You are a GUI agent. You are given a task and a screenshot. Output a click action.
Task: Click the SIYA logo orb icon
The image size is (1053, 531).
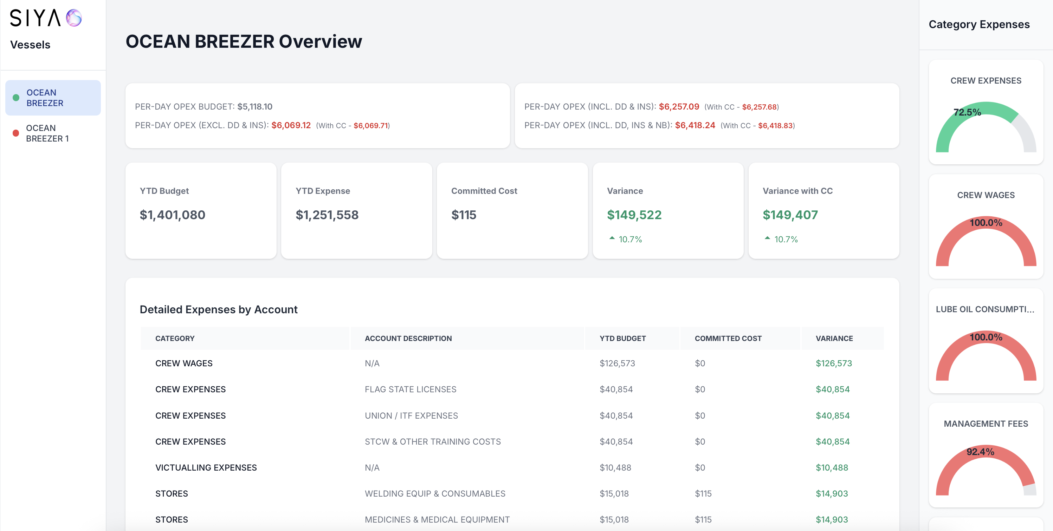coord(74,18)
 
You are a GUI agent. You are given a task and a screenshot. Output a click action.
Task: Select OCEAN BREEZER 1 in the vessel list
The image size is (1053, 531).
coord(47,133)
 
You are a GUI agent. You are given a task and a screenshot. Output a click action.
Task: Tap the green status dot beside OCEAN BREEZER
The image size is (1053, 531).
coord(16,98)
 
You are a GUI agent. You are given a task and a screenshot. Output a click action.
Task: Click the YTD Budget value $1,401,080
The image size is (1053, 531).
coord(172,215)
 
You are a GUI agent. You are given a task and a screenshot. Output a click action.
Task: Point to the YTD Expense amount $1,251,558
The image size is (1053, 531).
coord(327,215)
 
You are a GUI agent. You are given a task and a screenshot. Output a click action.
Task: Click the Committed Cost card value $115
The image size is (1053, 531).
coord(464,215)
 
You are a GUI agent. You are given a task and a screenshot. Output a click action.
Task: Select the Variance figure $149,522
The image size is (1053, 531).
coord(634,215)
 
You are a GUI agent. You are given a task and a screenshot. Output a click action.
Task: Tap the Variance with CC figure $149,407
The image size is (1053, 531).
coord(790,215)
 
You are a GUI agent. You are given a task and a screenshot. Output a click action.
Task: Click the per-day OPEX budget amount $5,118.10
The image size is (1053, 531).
coord(255,107)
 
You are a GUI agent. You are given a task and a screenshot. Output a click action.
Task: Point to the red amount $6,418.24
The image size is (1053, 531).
coord(695,125)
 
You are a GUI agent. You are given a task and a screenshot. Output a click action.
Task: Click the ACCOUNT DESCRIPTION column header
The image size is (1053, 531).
coord(408,338)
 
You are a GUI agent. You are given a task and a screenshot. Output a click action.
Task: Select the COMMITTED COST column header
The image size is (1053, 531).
coord(728,338)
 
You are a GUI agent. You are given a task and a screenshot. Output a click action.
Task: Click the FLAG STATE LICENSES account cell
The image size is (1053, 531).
coord(411,389)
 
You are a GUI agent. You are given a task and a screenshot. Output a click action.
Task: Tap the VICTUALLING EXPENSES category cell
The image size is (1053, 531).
coord(206,468)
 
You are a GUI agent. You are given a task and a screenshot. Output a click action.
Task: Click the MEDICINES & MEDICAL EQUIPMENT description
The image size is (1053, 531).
coord(437,519)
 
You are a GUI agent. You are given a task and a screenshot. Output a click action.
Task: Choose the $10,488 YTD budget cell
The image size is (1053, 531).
coord(615,468)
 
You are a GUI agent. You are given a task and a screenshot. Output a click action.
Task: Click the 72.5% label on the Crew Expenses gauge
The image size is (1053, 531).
coord(967,112)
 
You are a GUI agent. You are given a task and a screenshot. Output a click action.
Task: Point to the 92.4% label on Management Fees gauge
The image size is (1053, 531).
coord(980,452)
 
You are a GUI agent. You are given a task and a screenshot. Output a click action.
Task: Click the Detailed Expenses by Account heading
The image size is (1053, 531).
coord(218,310)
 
